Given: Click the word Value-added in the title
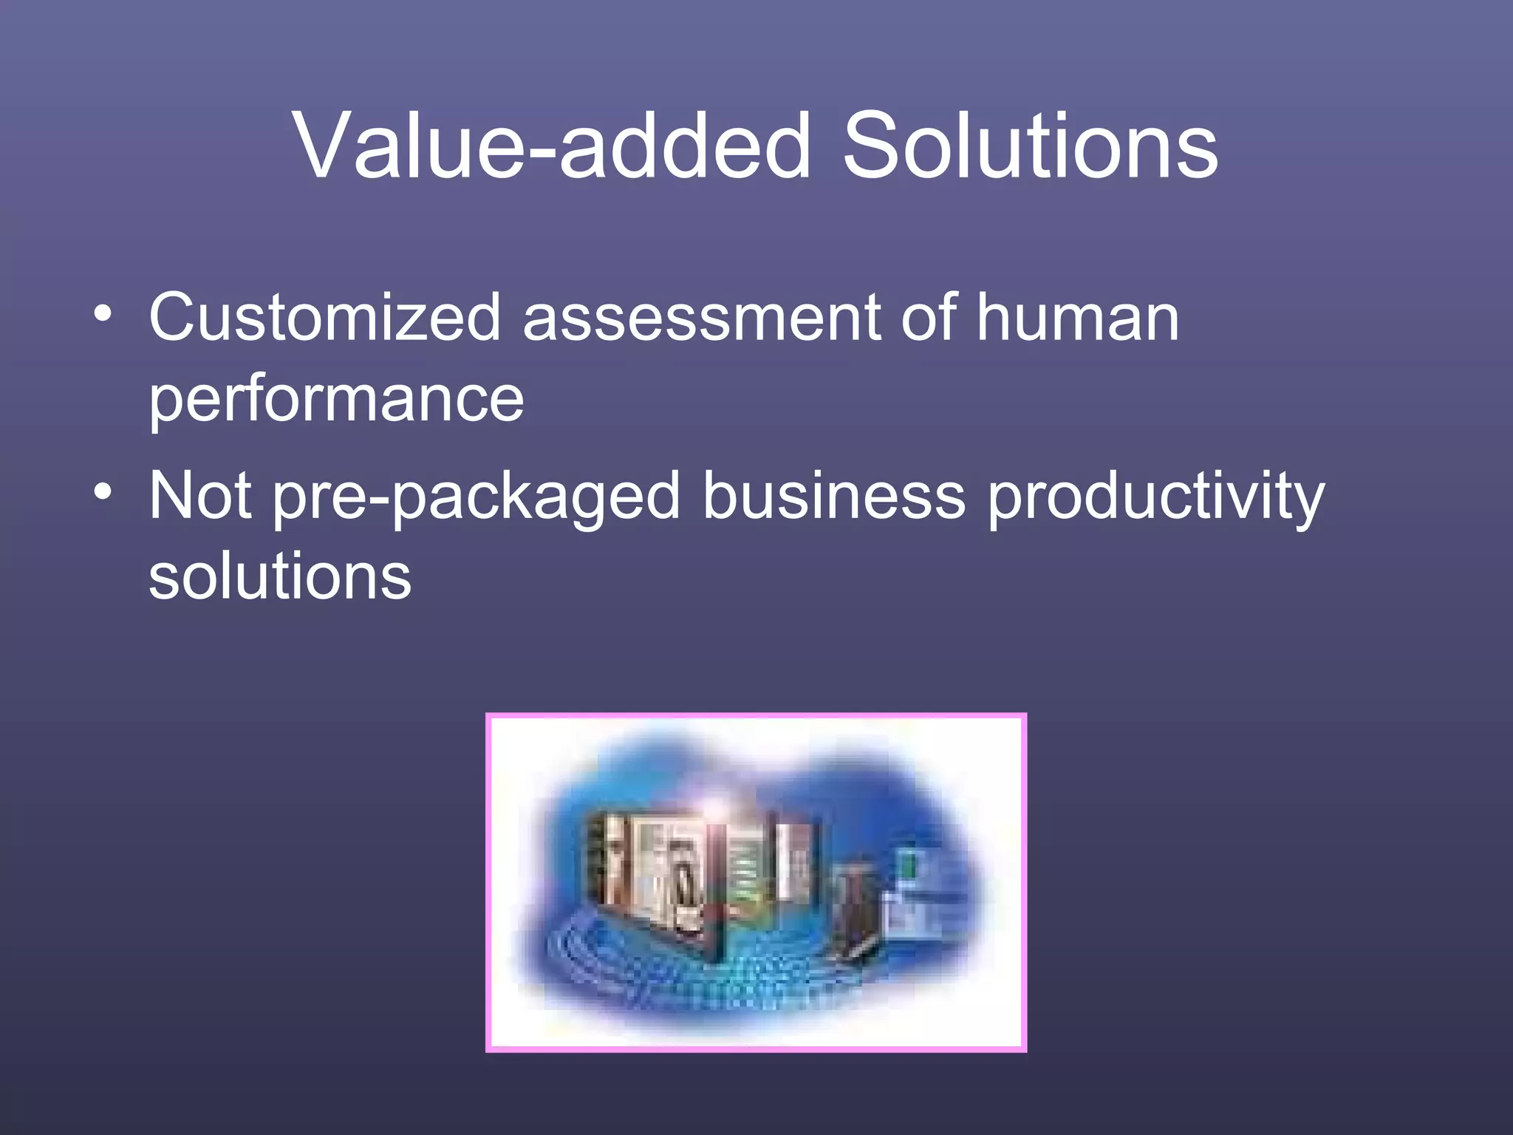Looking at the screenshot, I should tap(551, 146).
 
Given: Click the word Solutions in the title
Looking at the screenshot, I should tap(1030, 146).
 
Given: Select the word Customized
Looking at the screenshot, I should tap(325, 318).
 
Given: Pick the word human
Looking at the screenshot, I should tap(1078, 318).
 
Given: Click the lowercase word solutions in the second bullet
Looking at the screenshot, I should tap(280, 577).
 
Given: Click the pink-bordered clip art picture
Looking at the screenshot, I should tap(756, 882).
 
